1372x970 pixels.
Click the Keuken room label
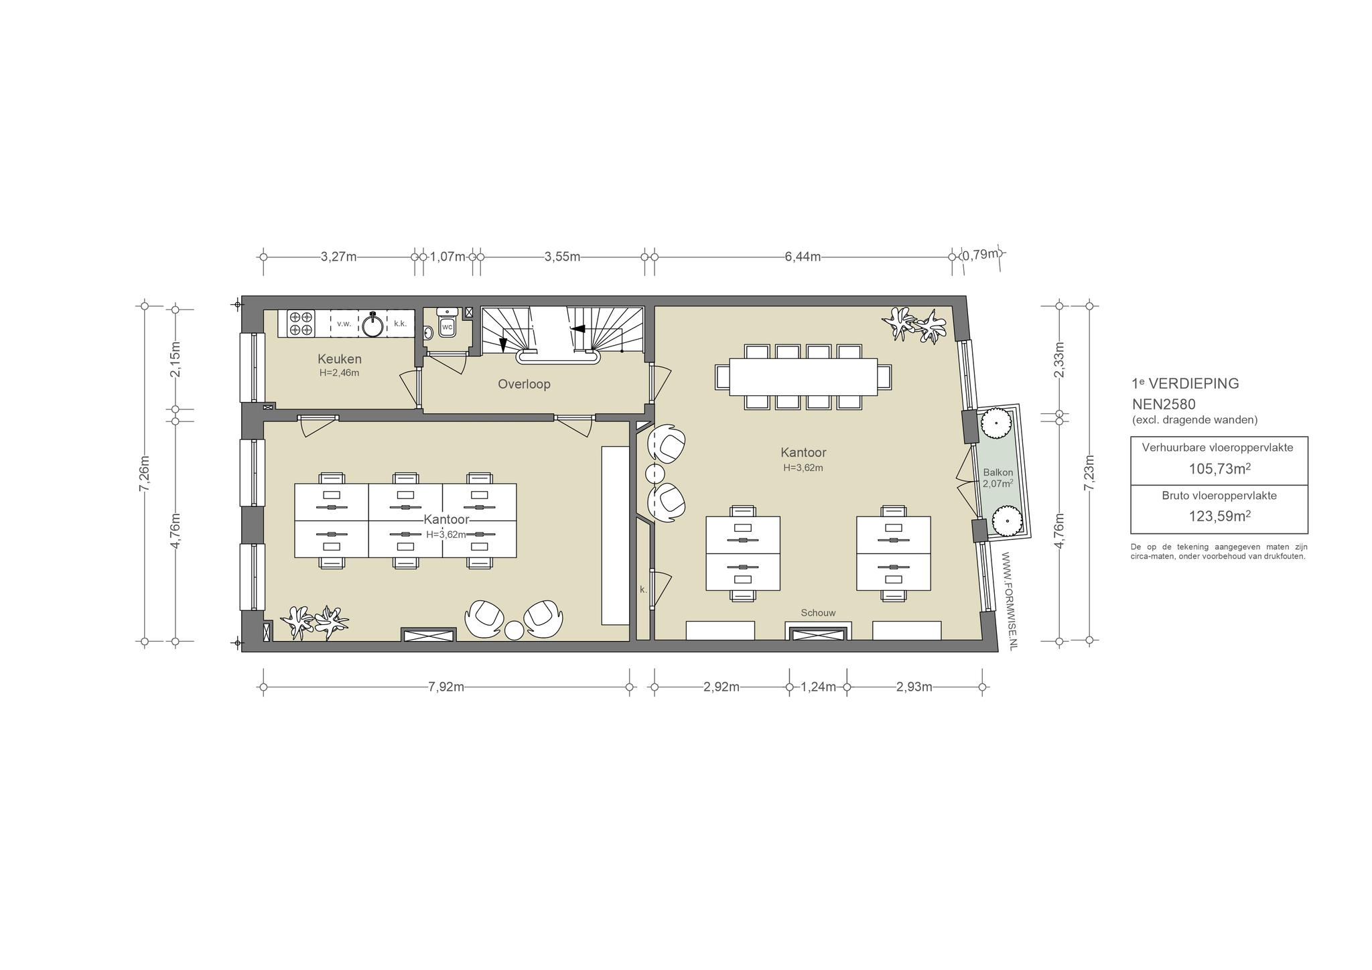(x=339, y=359)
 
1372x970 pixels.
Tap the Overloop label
(x=524, y=385)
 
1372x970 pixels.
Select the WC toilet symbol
(x=447, y=328)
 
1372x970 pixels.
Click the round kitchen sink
(x=372, y=325)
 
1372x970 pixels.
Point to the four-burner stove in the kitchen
(x=301, y=323)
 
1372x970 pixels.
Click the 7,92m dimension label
(x=446, y=687)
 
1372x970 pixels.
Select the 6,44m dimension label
(x=803, y=257)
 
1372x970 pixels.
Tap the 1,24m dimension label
(x=818, y=687)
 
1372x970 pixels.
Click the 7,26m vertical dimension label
(x=143, y=474)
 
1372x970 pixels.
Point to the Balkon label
(x=998, y=472)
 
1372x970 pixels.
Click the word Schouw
(x=818, y=613)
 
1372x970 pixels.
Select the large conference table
(x=803, y=377)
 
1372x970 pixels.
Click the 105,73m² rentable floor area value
(x=1219, y=468)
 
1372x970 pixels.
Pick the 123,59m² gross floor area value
(x=1219, y=516)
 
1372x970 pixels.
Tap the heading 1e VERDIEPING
(x=1185, y=384)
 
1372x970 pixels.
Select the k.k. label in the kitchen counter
(x=400, y=324)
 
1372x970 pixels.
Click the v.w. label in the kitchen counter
(x=344, y=324)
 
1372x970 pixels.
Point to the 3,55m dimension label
(x=562, y=257)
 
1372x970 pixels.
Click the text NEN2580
(x=1164, y=405)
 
